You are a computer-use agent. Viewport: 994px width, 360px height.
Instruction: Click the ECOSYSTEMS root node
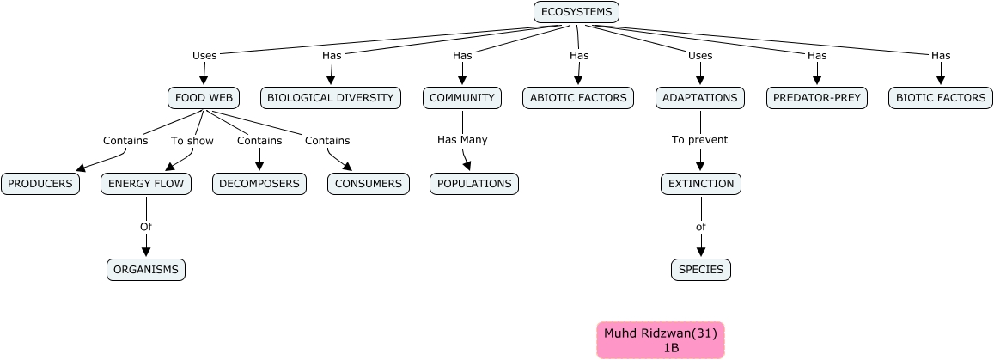[576, 12]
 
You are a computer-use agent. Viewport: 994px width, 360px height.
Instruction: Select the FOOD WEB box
[204, 98]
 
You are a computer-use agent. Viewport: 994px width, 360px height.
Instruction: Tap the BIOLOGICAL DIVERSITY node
[331, 98]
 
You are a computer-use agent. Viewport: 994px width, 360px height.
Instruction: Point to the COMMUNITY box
[462, 98]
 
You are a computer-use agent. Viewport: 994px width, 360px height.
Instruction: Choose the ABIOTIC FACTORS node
[578, 98]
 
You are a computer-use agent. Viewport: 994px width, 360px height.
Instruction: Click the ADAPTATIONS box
[700, 98]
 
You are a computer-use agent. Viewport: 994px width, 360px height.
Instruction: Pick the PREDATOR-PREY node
[816, 98]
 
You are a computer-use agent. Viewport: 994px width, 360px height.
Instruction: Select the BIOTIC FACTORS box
[941, 98]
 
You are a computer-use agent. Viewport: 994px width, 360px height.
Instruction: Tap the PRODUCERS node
[40, 184]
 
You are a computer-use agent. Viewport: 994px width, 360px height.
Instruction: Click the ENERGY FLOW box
[146, 184]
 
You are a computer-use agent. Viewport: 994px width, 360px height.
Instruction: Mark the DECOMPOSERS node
[259, 184]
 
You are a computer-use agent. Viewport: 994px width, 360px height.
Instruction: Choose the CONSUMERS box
[368, 184]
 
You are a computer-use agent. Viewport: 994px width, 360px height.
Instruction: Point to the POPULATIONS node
[474, 184]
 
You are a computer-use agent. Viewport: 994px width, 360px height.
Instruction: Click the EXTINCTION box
[701, 184]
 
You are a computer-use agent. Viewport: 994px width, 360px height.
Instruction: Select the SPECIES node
[701, 270]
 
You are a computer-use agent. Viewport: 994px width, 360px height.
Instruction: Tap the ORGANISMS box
[146, 270]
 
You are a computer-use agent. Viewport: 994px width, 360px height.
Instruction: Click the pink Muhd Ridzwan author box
[661, 340]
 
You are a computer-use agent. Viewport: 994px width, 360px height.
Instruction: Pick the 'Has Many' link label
[462, 140]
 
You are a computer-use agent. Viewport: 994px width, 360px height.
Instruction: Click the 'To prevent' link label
[699, 140]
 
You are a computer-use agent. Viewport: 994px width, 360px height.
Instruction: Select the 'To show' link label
[191, 141]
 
